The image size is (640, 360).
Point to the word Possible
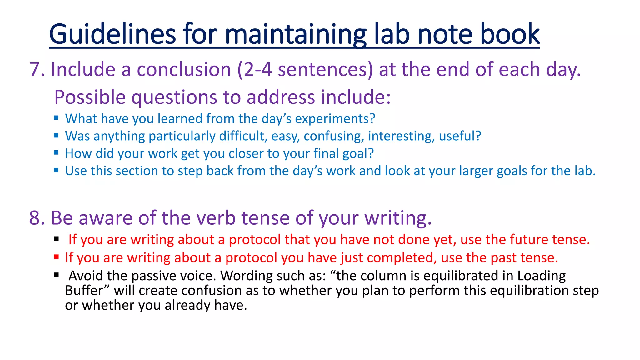click(90, 97)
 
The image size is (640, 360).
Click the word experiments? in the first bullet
click(335, 119)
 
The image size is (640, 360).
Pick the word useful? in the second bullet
click(460, 136)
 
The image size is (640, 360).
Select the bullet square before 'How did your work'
click(56, 153)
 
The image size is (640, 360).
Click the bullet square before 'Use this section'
click(56, 170)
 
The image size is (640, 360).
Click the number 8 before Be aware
click(35, 218)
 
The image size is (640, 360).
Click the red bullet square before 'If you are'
click(56, 257)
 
